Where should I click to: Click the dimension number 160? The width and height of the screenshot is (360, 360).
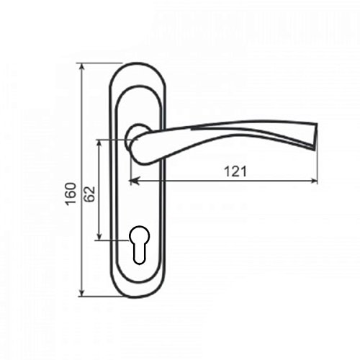(71, 194)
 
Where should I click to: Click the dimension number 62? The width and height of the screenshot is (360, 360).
(90, 194)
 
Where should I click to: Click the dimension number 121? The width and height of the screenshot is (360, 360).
(235, 172)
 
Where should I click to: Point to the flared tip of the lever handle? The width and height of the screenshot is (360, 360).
(315, 138)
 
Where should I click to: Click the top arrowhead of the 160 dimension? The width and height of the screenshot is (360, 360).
(82, 67)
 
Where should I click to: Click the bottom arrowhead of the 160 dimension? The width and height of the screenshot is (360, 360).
(82, 292)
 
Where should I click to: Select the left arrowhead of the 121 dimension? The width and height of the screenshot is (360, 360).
(134, 181)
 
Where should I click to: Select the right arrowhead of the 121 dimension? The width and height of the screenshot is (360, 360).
(313, 181)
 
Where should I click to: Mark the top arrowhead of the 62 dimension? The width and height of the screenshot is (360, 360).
(99, 144)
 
